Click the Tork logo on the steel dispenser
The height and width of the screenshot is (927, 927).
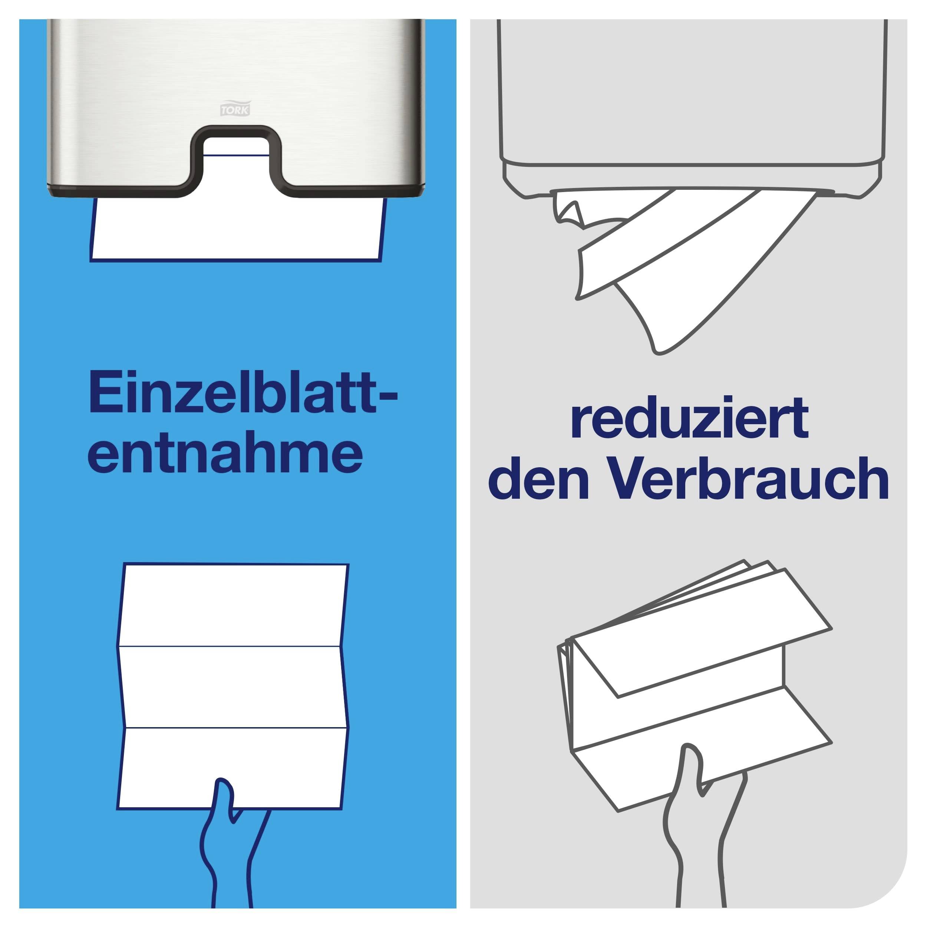(235, 109)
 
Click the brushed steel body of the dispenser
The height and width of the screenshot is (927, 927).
(144, 96)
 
